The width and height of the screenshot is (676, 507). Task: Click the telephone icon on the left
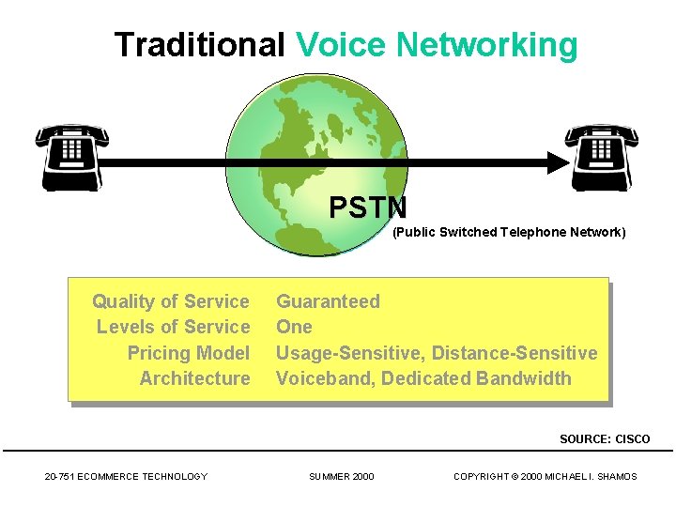pos(70,156)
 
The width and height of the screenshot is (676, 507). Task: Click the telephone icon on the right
pos(602,156)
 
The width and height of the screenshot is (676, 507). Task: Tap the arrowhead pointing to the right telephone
pos(557,162)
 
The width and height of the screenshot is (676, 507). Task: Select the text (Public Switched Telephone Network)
pos(508,232)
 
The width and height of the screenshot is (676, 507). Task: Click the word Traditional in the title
pos(199,44)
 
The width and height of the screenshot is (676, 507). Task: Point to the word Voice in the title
pos(341,44)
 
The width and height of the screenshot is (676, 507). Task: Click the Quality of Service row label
pos(171,301)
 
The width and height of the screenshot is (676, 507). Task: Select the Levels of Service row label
pos(174,327)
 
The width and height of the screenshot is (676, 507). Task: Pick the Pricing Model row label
pos(189,353)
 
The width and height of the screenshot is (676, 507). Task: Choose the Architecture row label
pos(195,378)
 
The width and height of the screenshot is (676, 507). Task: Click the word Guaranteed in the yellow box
pos(328,301)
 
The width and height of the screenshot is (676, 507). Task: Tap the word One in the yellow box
pos(294,327)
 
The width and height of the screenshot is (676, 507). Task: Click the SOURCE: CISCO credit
pos(605,439)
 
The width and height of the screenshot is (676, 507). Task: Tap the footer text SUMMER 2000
pos(342,477)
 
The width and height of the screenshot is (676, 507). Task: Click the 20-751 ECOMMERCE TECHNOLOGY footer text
pos(126,477)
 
